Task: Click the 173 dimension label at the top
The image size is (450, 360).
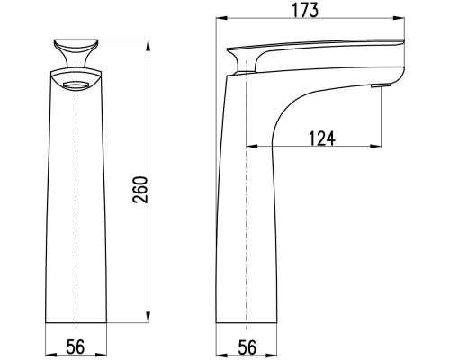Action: pyautogui.click(x=305, y=10)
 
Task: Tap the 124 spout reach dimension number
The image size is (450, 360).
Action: pyautogui.click(x=322, y=139)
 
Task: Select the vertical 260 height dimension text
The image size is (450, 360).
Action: pyautogui.click(x=140, y=190)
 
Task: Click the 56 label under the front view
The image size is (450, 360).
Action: pyautogui.click(x=76, y=346)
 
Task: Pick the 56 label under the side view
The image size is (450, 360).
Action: pyautogui.click(x=247, y=347)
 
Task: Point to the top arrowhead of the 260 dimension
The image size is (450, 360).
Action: pyautogui.click(x=148, y=46)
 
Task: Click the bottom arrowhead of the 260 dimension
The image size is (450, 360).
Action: pyautogui.click(x=148, y=317)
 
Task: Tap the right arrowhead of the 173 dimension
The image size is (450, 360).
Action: pyautogui.click(x=399, y=19)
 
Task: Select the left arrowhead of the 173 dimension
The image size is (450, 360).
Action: pyautogui.click(x=222, y=19)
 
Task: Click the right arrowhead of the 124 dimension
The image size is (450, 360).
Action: pyautogui.click(x=375, y=147)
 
